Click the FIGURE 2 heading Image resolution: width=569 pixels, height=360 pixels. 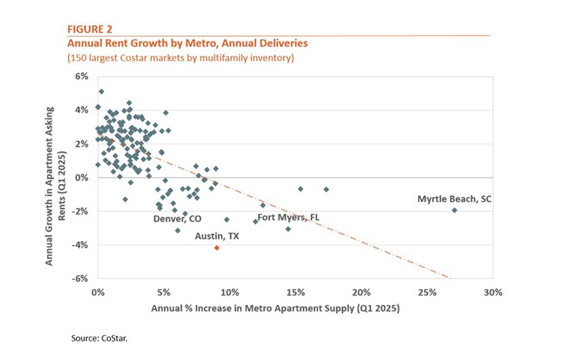point(89,29)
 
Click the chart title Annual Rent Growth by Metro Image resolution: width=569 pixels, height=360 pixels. point(187,43)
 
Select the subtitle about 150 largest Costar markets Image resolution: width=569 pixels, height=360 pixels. point(180,58)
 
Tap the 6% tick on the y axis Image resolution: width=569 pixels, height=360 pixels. point(82,76)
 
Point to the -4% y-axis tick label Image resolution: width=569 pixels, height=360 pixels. point(81,245)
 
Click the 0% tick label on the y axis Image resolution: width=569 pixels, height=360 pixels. point(82,177)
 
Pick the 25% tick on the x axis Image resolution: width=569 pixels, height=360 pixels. point(426,292)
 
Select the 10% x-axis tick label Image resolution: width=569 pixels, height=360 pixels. point(229,292)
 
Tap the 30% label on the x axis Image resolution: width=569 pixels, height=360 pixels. point(492,292)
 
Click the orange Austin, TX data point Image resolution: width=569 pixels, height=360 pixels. point(217,248)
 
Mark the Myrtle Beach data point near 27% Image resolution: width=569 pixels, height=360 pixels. point(454,210)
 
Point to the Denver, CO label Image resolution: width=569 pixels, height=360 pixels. point(177,219)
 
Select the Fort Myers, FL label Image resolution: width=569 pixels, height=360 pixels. point(288,217)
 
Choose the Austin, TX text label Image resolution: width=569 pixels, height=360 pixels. point(216,236)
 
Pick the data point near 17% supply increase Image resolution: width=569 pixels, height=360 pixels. point(326,189)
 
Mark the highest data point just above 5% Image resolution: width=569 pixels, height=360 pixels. point(101,91)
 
